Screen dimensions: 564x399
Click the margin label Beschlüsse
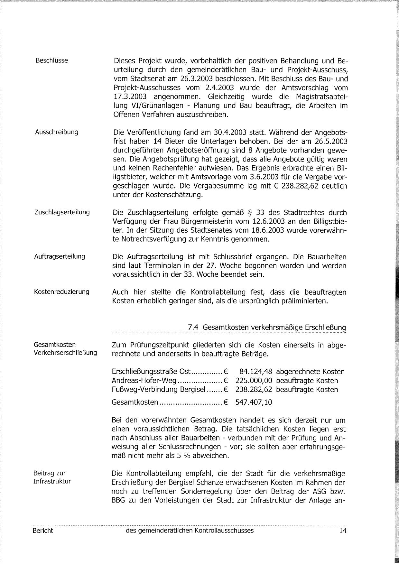click(x=52, y=60)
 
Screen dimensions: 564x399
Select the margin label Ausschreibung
click(x=57, y=132)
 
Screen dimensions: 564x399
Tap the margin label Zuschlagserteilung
click(x=62, y=212)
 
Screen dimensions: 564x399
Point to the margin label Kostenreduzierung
click(x=62, y=292)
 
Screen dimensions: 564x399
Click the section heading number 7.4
click(x=192, y=327)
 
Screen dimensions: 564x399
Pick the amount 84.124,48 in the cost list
click(x=255, y=372)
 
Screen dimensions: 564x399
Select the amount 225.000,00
click(x=254, y=381)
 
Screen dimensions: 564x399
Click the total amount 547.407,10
click(x=254, y=402)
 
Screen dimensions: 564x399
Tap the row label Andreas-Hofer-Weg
click(x=144, y=381)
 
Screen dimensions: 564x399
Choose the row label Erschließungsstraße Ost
click(x=151, y=372)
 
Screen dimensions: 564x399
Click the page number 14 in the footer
click(x=343, y=531)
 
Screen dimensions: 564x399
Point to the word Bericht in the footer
click(x=43, y=531)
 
